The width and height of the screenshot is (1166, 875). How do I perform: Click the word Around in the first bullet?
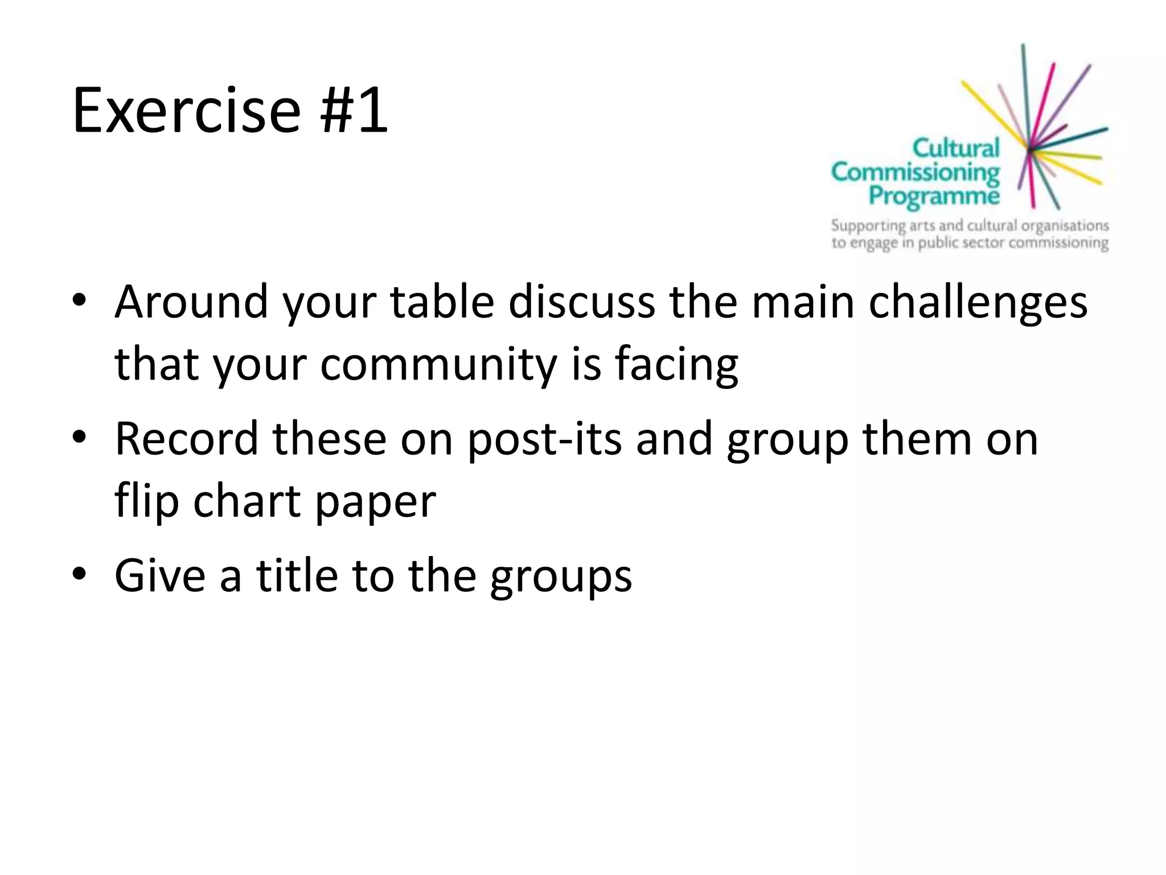click(x=191, y=301)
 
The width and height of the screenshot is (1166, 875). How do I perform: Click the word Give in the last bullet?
click(x=160, y=575)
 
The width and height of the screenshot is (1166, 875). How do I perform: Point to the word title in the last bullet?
click(x=297, y=575)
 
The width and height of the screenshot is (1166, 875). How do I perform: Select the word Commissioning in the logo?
click(x=915, y=172)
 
